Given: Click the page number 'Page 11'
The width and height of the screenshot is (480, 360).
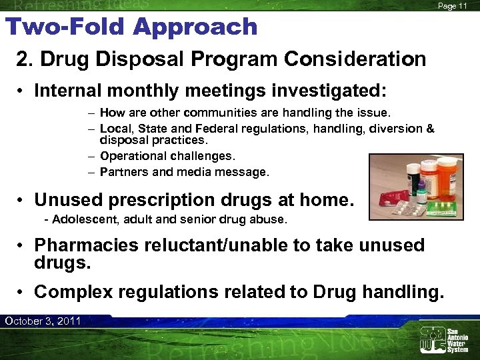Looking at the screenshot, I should [453, 5].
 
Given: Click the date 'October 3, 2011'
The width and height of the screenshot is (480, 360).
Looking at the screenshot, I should [43, 321].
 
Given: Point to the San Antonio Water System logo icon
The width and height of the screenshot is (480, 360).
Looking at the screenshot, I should [431, 339].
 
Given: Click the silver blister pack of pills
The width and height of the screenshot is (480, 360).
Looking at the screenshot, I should [408, 209].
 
